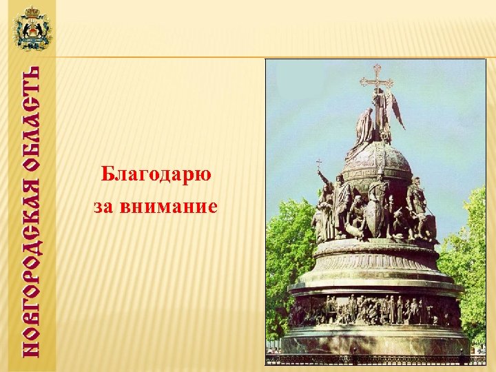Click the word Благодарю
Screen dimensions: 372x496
pyautogui.click(x=156, y=175)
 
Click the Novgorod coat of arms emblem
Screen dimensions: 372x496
pyautogui.click(x=32, y=29)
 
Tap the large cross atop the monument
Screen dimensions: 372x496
pyautogui.click(x=376, y=77)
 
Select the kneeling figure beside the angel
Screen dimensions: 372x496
pyautogui.click(x=364, y=127)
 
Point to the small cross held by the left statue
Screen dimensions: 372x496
pyautogui.click(x=318, y=166)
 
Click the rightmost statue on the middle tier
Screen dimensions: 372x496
pyautogui.click(x=417, y=207)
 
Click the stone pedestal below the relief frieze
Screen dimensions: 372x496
pyautogui.click(x=375, y=341)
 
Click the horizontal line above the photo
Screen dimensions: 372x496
pyautogui.click(x=276, y=56)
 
